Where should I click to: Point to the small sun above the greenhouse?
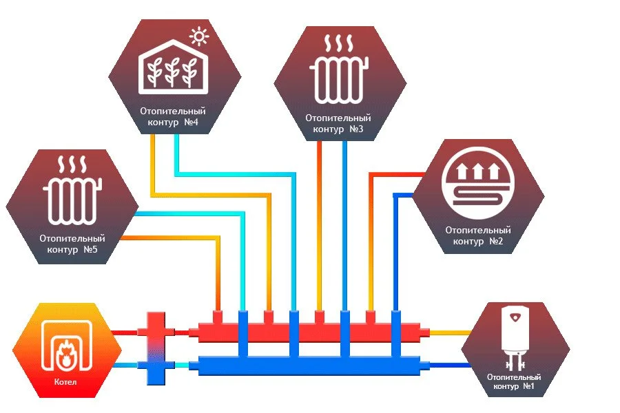(x=199, y=35)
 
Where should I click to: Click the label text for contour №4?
(x=173, y=117)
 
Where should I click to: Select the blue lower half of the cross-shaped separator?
(x=157, y=369)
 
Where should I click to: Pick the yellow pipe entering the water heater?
(x=448, y=332)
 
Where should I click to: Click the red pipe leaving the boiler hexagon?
(x=124, y=332)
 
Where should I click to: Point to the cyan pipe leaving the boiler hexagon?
(x=124, y=366)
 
